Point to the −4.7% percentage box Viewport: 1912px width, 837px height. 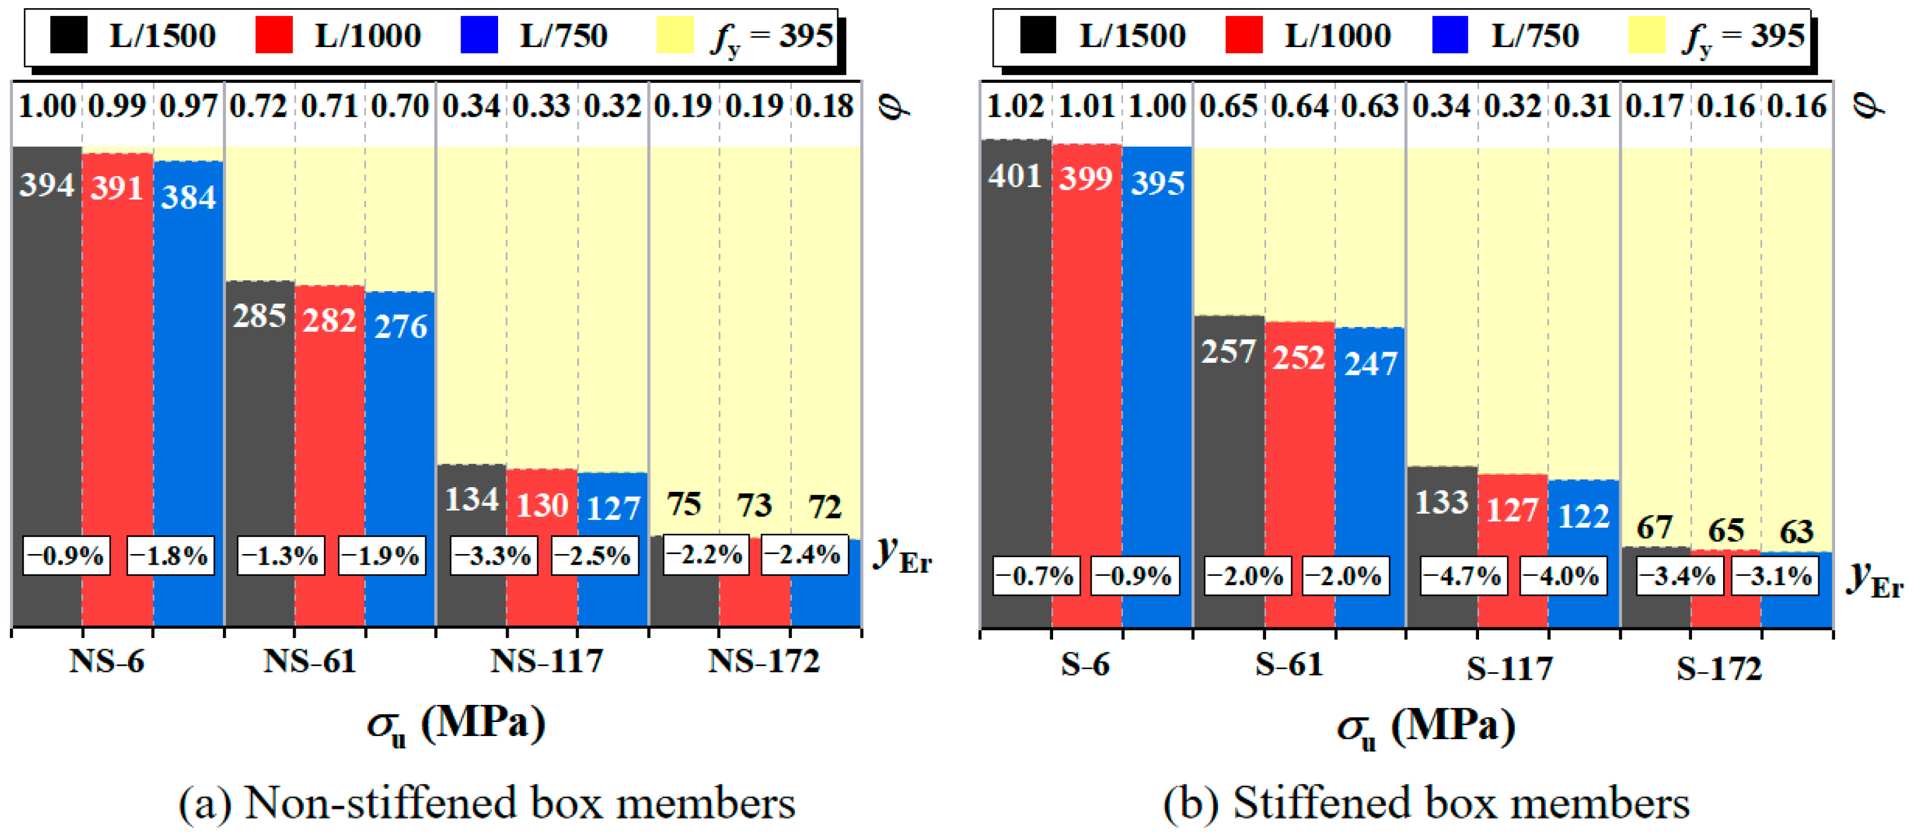pos(1462,576)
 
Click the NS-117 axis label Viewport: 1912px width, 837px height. pos(547,661)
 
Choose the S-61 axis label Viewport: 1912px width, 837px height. pos(1290,664)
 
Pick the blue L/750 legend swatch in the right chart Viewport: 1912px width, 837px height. pos(1450,35)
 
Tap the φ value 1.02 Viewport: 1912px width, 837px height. pos(1014,106)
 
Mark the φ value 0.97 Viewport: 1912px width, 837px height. pos(188,106)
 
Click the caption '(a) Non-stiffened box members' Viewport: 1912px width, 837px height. pos(487,803)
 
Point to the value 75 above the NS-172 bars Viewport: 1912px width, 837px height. pos(683,504)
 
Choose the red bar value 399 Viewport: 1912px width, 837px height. pos(1085,178)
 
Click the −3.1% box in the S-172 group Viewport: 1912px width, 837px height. pos(1775,576)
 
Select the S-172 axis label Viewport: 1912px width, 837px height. pos(1719,669)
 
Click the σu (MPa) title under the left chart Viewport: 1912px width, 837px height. pos(456,724)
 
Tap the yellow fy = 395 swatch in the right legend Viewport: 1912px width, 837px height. pos(1646,35)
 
